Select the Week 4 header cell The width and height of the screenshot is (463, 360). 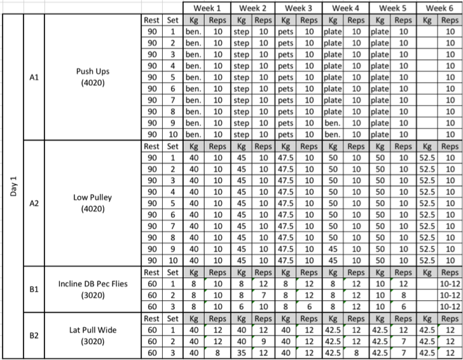347,8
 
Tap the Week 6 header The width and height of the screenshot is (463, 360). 440,8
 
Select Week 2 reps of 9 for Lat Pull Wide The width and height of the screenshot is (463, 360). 265,342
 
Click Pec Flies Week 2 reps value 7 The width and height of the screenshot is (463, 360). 265,295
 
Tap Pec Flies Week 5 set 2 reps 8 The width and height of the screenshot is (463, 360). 404,295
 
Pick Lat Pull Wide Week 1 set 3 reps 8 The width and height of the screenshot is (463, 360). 218,354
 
